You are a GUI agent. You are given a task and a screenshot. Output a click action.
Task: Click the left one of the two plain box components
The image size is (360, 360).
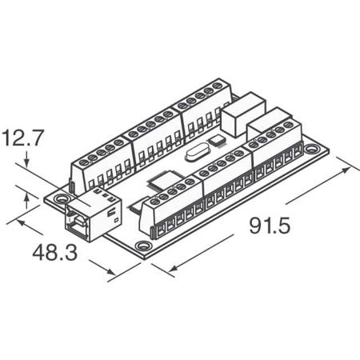238,118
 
